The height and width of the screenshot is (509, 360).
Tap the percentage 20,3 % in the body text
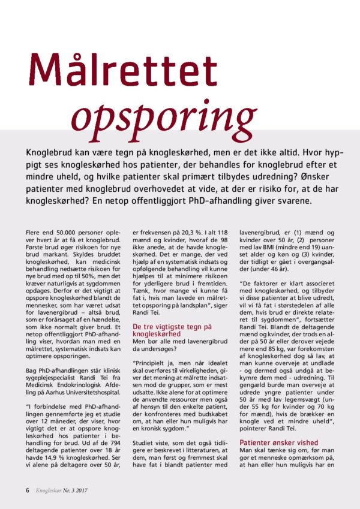191,230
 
